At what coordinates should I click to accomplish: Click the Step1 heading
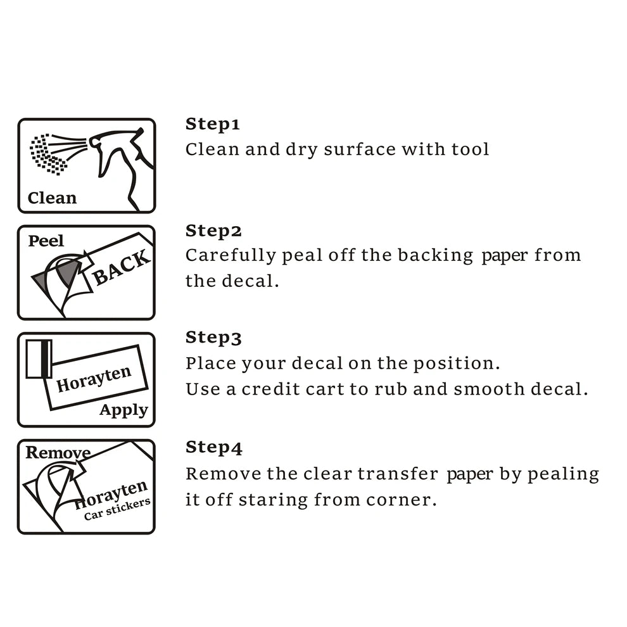coord(212,124)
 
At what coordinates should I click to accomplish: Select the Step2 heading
coord(213,231)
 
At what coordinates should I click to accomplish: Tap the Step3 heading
coord(213,338)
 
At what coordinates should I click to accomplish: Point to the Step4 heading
coord(214,448)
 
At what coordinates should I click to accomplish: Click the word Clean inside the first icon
coord(52,198)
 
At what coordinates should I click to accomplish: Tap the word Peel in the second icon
coord(46,241)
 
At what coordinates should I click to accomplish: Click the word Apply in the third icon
coord(123,410)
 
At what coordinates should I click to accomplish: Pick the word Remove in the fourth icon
coord(58,453)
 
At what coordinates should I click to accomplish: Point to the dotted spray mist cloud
coord(47,155)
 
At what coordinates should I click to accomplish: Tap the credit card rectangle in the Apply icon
coord(39,358)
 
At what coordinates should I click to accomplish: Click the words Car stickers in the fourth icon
coord(117,509)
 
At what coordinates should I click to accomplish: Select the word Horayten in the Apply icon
coord(94,379)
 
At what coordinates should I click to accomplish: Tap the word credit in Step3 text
coord(270,389)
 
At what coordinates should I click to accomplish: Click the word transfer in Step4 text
coord(398,474)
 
